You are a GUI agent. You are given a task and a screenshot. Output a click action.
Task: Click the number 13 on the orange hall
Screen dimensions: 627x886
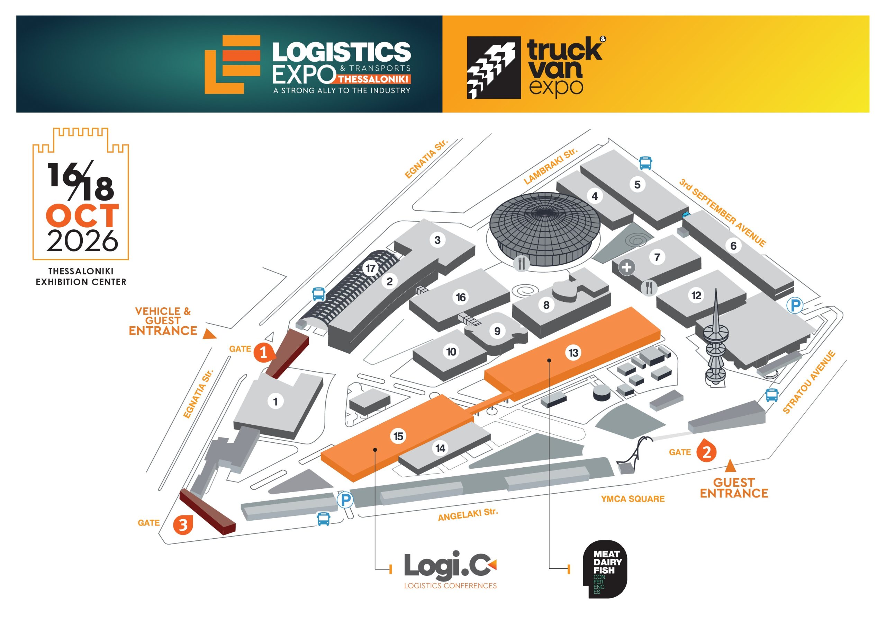click(x=573, y=352)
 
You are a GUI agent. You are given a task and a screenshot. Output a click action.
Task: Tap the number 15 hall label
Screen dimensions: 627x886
click(x=398, y=436)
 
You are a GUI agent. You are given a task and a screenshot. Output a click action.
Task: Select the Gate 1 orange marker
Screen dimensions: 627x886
click(x=264, y=352)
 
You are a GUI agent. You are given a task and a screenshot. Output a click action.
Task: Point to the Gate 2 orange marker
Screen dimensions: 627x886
click(x=706, y=452)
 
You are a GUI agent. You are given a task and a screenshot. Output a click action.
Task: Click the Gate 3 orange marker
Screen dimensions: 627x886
click(x=183, y=525)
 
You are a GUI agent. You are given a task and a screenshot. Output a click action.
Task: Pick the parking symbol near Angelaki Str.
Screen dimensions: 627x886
click(x=345, y=500)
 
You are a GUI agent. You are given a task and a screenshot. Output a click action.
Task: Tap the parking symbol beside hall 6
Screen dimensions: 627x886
click(x=795, y=306)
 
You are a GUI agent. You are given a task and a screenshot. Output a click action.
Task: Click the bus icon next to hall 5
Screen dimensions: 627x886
click(x=645, y=163)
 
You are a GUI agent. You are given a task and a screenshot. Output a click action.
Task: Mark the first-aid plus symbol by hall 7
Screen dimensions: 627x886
click(x=627, y=267)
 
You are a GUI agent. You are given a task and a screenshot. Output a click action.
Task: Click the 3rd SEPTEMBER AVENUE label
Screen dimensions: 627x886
click(x=722, y=212)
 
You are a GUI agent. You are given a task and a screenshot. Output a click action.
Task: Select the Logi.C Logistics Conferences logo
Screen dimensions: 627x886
click(x=450, y=569)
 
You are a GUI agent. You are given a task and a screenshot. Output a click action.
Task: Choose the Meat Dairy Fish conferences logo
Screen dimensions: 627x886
click(x=605, y=569)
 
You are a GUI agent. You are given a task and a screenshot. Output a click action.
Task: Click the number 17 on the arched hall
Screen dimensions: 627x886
click(x=370, y=268)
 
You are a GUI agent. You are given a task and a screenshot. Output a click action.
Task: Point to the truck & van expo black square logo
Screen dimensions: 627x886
click(x=494, y=68)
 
